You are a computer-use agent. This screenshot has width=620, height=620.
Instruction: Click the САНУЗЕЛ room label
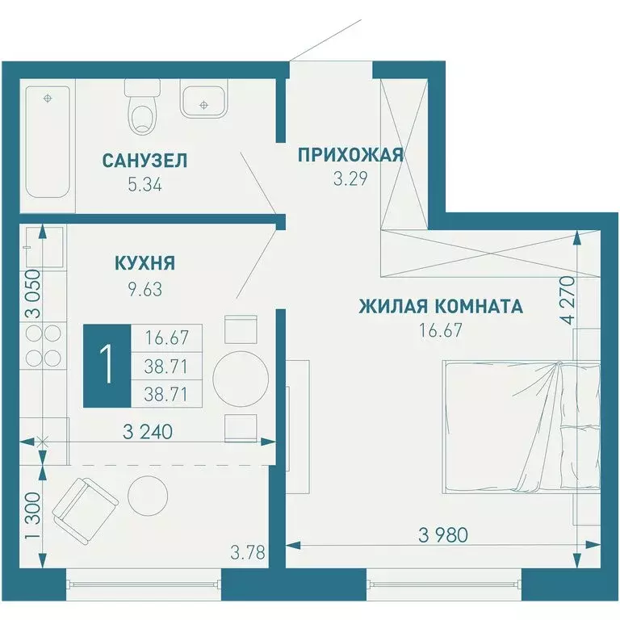point(145,161)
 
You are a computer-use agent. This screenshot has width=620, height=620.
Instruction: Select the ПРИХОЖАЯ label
point(350,154)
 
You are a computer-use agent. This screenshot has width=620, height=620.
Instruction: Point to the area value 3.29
point(350,178)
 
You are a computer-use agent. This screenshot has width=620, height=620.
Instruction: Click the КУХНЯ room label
point(145,263)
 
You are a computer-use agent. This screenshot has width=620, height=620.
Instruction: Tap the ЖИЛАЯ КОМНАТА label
point(440,307)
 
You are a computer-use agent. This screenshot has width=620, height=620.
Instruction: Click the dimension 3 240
point(149,431)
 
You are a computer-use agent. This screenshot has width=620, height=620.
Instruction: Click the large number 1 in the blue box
point(106,365)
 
